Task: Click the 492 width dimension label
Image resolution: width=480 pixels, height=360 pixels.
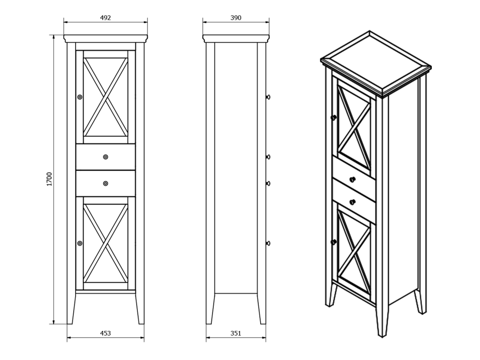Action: (105, 18)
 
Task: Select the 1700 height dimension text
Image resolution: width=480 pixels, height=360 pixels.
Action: (50, 179)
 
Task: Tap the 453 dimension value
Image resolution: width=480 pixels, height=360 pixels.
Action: (105, 333)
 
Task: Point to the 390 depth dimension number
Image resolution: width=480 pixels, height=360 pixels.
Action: (236, 18)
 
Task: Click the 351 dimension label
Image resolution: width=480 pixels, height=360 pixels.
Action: (236, 333)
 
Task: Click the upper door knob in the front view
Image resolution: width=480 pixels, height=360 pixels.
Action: (80, 97)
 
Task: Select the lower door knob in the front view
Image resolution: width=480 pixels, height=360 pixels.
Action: (80, 243)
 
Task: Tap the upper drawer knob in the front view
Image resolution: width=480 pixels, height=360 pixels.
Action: (105, 157)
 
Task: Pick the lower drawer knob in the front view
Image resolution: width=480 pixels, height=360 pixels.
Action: (105, 183)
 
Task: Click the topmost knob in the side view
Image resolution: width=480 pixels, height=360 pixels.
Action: (268, 97)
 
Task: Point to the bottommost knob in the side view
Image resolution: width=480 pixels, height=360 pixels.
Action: (268, 243)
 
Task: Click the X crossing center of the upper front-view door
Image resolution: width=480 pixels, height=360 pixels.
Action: (105, 97)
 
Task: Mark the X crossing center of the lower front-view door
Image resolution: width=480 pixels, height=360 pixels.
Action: (105, 243)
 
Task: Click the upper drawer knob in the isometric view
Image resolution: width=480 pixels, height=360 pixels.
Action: (352, 180)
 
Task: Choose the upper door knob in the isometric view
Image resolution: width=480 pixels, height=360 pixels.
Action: (334, 117)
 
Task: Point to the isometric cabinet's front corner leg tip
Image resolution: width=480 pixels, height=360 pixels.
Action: (382, 336)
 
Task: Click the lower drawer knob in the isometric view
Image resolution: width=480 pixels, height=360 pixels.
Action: (352, 202)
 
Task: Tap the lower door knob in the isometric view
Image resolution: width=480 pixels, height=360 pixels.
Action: (334, 242)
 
